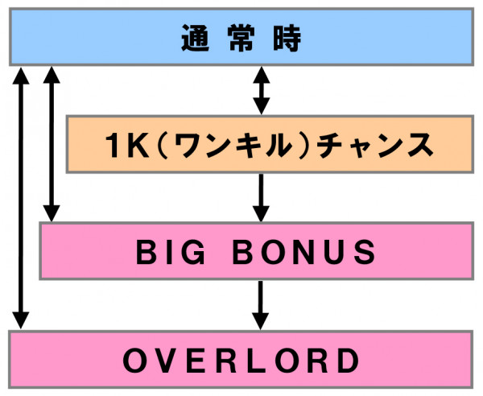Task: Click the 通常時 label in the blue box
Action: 241,38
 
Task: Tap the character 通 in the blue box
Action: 196,38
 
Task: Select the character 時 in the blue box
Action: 287,38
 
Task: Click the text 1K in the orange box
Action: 127,146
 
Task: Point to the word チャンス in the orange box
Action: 374,146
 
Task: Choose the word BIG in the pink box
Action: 171,252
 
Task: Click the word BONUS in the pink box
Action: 304,252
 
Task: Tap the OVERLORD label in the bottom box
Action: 242,360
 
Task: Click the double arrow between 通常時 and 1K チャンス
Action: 261,90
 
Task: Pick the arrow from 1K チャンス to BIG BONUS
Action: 261,198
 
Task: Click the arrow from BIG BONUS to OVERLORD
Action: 261,305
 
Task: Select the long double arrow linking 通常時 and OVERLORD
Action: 21,198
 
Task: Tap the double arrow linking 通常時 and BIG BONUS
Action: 52,144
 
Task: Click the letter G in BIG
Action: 193,252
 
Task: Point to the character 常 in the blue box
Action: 242,38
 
